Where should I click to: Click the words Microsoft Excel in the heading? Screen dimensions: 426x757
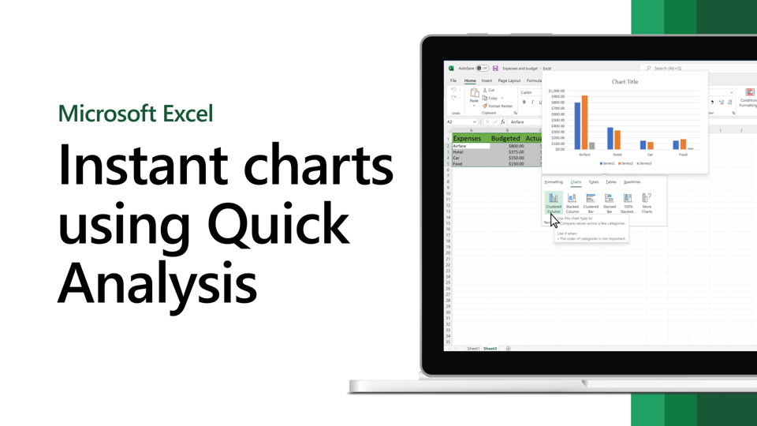136,113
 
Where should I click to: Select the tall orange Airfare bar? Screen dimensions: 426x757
585,122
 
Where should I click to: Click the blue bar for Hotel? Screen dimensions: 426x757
610,138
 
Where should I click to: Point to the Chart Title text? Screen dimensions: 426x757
625,82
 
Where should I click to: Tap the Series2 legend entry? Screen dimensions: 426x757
626,163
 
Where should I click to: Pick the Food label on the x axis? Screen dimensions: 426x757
683,155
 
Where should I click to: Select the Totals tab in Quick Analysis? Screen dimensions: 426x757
594,182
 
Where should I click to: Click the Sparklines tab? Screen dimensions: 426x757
632,182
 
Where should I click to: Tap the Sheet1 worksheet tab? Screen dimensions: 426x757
473,349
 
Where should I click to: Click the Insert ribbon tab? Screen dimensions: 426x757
487,80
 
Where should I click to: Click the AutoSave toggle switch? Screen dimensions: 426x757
482,69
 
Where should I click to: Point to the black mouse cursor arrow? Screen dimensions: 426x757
554,221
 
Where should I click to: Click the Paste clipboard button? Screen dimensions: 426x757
474,95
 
